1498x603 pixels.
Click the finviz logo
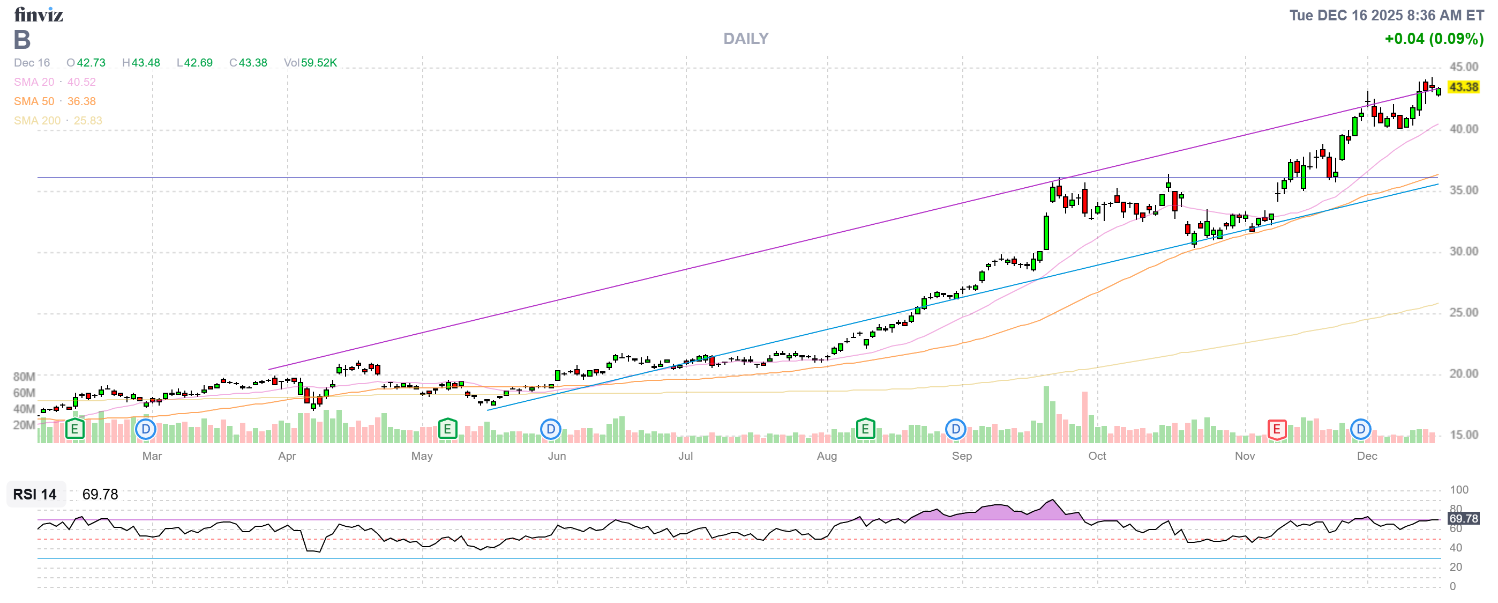[39, 14]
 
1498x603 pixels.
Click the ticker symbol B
[22, 40]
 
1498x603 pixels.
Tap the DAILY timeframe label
[745, 39]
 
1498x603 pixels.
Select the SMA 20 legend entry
[55, 82]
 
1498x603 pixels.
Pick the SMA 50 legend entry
[55, 101]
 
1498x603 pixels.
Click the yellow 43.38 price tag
[1463, 87]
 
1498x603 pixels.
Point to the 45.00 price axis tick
[1463, 67]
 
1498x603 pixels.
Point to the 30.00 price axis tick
[1463, 252]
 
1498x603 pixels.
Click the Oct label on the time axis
[1097, 456]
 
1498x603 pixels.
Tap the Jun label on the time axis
[557, 456]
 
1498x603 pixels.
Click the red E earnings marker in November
[1276, 430]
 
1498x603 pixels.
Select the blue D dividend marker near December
[1360, 430]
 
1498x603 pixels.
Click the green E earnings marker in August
[865, 430]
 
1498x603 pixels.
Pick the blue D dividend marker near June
[550, 430]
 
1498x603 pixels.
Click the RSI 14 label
[35, 494]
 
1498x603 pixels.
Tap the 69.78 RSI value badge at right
[1463, 518]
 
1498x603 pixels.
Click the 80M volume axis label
[24, 377]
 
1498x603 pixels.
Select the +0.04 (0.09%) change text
[1434, 39]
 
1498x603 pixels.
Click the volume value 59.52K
[319, 62]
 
